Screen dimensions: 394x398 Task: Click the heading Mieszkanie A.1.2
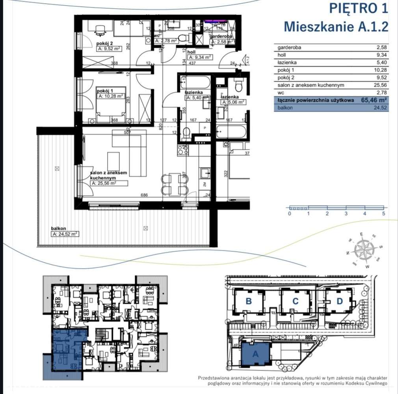[x=336, y=26]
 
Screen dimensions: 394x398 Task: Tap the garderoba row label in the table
[x=289, y=47]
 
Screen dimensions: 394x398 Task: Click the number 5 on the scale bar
[x=383, y=214]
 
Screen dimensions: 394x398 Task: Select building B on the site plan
[x=249, y=301]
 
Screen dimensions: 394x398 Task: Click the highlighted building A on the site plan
[x=255, y=354]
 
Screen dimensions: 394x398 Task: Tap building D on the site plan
[x=340, y=301]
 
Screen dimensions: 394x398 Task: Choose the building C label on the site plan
[x=295, y=301]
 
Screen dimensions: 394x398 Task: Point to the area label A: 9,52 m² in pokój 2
[x=108, y=49]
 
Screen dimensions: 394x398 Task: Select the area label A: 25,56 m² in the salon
[x=104, y=183]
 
